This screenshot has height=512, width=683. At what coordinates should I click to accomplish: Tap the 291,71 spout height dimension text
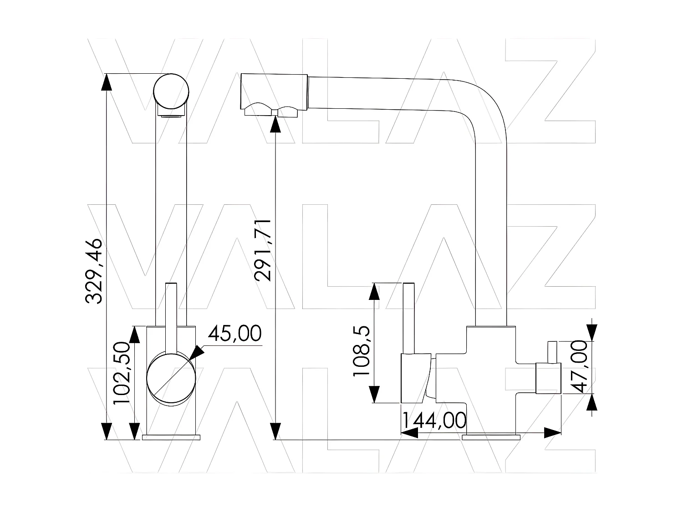[263, 249]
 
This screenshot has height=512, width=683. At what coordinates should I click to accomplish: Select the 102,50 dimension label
[122, 374]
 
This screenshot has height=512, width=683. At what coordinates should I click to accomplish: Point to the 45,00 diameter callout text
[235, 334]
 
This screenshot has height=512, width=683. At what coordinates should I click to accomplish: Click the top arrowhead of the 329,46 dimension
[106, 82]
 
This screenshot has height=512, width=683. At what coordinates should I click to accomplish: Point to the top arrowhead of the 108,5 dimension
[374, 291]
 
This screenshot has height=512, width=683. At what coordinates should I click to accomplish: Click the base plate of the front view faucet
[171, 437]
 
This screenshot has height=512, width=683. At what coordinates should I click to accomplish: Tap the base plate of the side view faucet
[491, 437]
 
